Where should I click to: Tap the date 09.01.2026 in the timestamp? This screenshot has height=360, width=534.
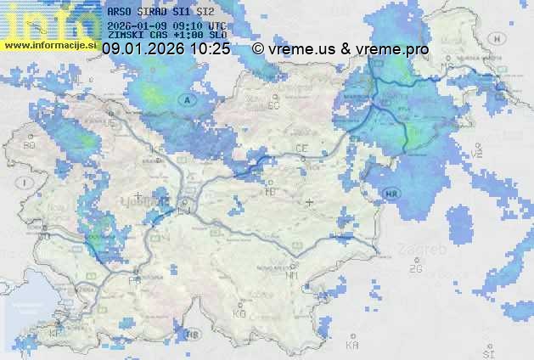point(143,49)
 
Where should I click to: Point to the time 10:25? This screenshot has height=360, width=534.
point(211,49)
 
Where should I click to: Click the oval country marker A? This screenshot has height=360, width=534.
point(186,99)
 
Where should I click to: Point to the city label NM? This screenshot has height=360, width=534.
point(292,274)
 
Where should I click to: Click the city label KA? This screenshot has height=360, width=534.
point(352,346)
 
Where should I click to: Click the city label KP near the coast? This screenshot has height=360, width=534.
point(56,334)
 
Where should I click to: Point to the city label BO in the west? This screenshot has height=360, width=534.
point(30,145)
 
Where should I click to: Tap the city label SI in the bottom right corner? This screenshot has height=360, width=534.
point(487,352)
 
